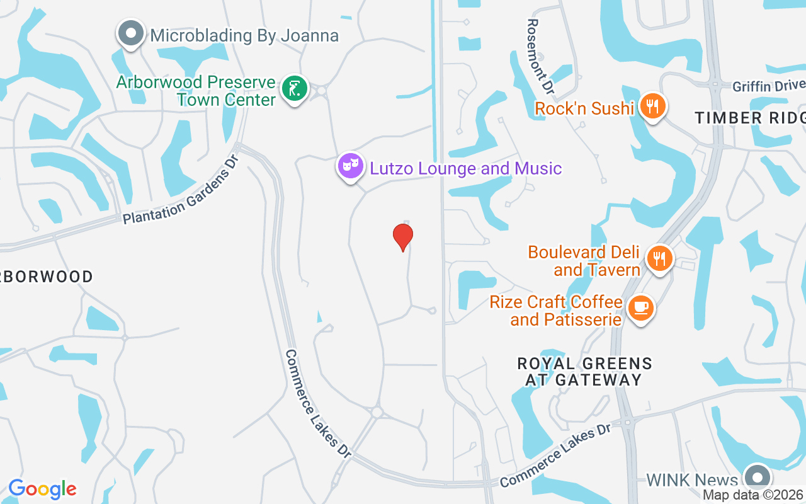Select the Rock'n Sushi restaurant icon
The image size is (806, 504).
tap(652, 106)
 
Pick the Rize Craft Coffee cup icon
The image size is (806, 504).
tap(641, 307)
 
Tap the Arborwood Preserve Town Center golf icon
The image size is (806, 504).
tap(294, 88)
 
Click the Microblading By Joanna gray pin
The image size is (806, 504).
tap(131, 33)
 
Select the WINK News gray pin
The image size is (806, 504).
tap(757, 477)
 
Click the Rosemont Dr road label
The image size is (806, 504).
tap(540, 57)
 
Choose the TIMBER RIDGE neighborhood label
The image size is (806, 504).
tap(749, 118)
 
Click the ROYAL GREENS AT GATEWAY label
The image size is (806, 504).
tap(584, 372)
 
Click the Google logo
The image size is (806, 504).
tap(42, 489)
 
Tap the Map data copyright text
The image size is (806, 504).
tap(753, 495)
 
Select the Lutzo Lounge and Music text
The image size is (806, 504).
tap(465, 168)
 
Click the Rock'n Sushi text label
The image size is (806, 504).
tap(584, 109)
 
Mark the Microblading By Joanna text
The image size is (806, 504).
tap(244, 35)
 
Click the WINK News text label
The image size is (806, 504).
tap(692, 481)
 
